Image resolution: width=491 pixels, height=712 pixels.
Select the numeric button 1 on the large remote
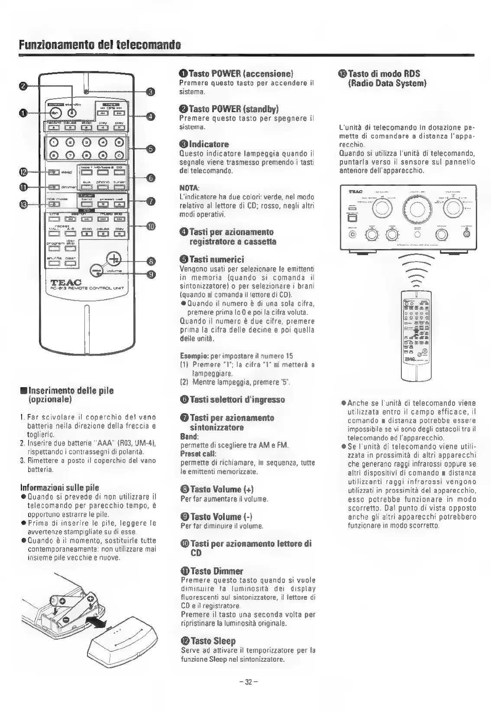tap(53, 142)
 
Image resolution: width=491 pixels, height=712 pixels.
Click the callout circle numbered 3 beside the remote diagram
tap(150, 91)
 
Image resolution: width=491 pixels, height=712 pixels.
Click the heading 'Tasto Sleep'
tap(208, 641)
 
